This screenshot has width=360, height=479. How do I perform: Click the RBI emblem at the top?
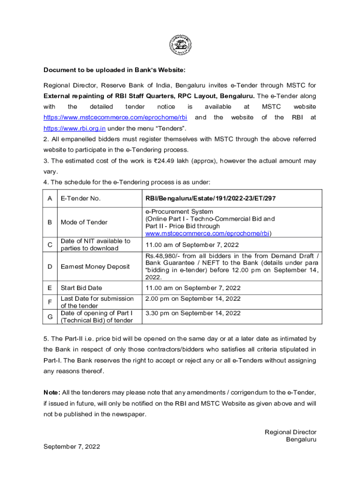click(180, 46)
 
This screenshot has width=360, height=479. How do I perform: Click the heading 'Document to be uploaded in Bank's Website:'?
click(115, 70)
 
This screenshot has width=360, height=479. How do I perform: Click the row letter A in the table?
click(50, 198)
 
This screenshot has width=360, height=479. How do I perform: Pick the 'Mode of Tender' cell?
click(84, 222)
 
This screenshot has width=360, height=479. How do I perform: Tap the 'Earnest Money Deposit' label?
click(95, 267)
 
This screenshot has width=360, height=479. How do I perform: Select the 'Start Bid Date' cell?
click(81, 288)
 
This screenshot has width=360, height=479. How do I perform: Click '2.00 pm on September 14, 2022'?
click(193, 298)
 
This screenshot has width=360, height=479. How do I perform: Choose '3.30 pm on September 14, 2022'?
click(193, 313)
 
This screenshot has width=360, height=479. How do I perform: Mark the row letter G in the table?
click(50, 316)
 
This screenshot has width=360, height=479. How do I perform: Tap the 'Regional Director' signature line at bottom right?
click(290, 432)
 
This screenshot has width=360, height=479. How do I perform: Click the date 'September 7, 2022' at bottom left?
click(72, 447)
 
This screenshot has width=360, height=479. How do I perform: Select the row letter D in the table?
click(50, 267)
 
